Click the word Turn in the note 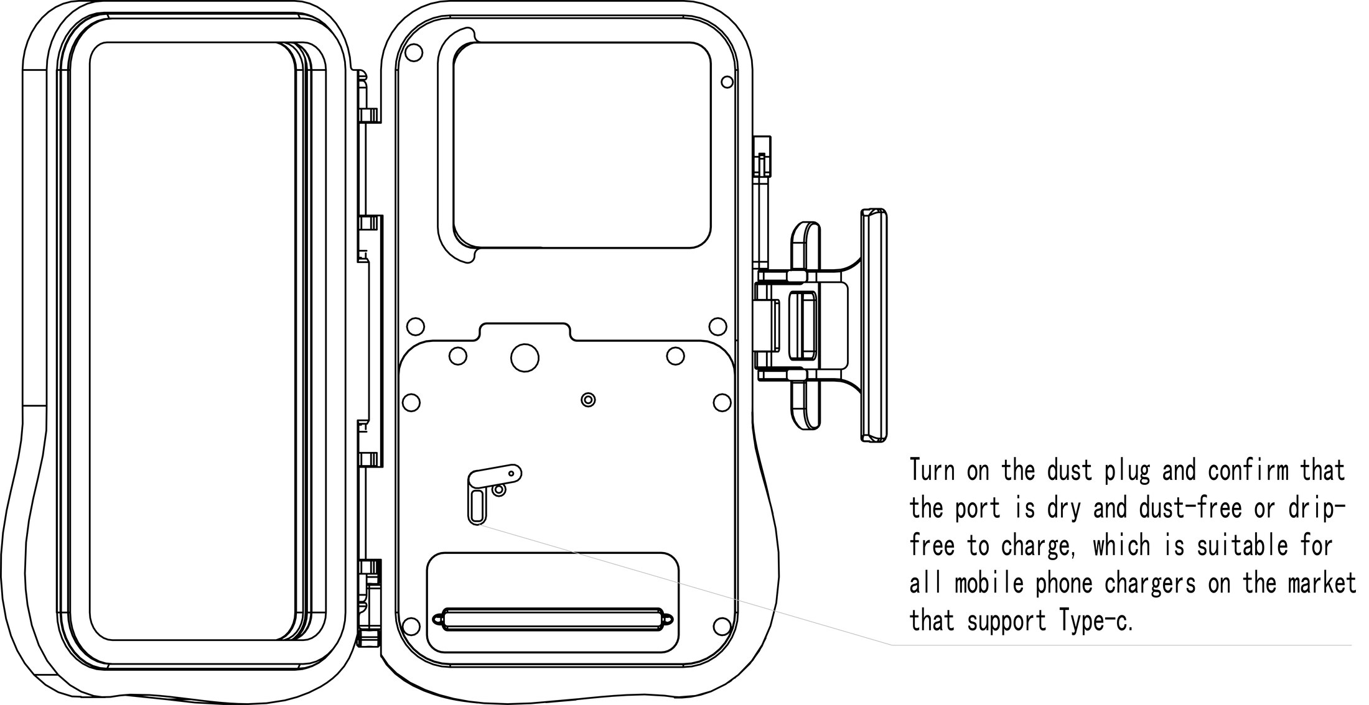(932, 471)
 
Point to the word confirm (1249, 471)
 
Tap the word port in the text (978, 509)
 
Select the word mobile (989, 583)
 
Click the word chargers (1150, 584)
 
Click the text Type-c (1094, 621)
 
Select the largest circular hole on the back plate (525, 357)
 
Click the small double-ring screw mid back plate (588, 399)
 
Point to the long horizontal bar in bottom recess (553, 619)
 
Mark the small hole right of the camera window (727, 81)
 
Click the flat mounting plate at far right (874, 325)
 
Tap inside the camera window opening (582, 145)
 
